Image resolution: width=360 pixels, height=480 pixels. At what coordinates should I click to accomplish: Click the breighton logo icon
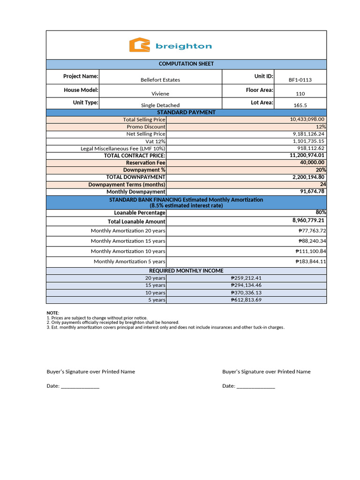[x=139, y=45]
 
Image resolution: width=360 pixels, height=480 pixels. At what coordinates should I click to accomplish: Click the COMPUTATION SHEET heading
[x=186, y=64]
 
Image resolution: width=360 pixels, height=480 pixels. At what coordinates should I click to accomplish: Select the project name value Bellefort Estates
[x=160, y=80]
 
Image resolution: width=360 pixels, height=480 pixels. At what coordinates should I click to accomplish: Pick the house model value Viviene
[x=160, y=94]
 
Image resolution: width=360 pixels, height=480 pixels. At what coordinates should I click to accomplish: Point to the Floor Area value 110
[x=300, y=94]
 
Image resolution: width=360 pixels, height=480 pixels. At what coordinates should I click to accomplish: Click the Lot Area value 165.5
[x=300, y=105]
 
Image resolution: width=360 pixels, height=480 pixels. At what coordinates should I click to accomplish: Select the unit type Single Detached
[x=160, y=105]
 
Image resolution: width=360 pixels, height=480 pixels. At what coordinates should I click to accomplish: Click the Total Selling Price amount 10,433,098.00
[x=307, y=120]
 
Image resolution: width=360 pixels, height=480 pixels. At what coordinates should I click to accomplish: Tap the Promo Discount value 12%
[x=321, y=127]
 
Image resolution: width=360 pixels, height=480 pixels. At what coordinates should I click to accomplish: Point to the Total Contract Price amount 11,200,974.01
[x=307, y=155]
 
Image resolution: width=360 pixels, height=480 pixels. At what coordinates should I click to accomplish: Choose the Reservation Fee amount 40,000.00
[x=312, y=163]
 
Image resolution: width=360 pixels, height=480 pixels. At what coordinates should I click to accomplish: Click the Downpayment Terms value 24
[x=323, y=184]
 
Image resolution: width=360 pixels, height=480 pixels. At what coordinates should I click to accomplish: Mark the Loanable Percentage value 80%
[x=321, y=212]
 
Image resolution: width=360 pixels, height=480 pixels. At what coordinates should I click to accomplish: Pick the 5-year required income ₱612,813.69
[x=246, y=300]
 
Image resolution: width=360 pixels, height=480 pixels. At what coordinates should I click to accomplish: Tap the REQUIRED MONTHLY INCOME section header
[x=186, y=271]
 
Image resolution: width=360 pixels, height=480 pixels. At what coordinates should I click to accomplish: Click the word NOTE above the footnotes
[x=52, y=313]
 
